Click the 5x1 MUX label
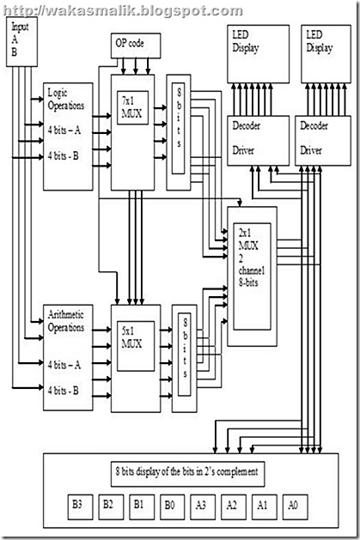click(x=131, y=335)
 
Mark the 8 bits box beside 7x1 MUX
click(x=178, y=131)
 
